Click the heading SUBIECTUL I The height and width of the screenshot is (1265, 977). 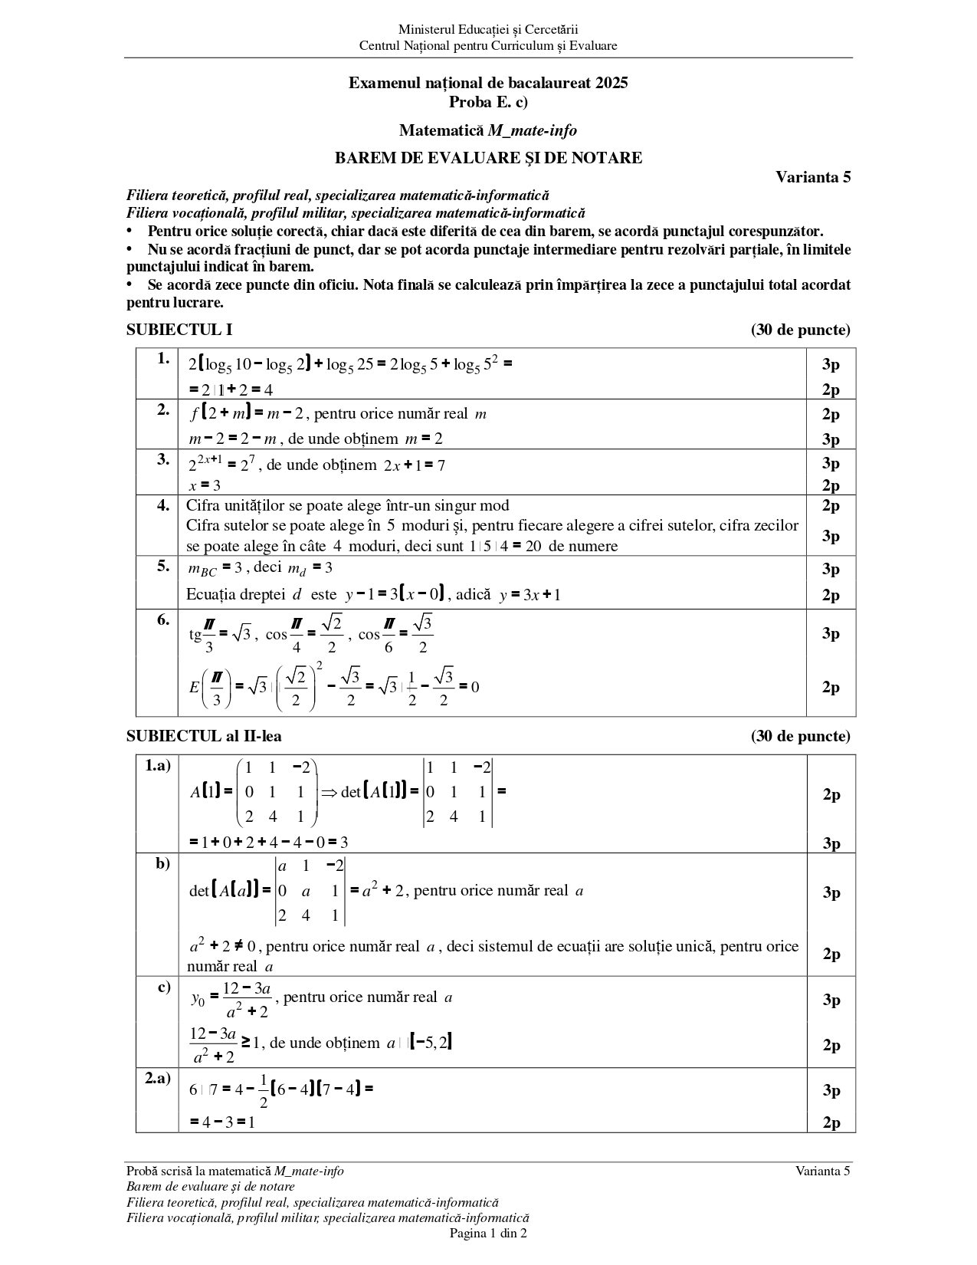point(179,330)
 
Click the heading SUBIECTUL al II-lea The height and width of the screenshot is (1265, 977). point(204,737)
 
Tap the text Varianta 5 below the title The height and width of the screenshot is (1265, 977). point(813,177)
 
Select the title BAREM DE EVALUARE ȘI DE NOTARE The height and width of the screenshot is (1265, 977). point(488,159)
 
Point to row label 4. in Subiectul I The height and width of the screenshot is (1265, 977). point(163,505)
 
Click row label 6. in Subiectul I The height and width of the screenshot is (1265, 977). point(163,620)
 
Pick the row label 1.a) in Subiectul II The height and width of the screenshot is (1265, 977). point(158,765)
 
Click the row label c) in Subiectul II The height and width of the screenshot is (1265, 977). point(164,987)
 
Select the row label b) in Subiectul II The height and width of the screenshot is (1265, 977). point(163,864)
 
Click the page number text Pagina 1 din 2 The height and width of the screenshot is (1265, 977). point(488,1234)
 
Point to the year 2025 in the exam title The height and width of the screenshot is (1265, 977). point(611,83)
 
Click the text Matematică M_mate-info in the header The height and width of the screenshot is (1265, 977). point(488,130)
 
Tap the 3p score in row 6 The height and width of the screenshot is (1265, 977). point(831,633)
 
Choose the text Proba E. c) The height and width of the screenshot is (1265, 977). point(488,101)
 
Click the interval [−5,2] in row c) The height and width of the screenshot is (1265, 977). point(431,1042)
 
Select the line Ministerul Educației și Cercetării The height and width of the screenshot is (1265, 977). point(488,30)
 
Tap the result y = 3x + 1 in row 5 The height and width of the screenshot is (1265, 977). point(529,594)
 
